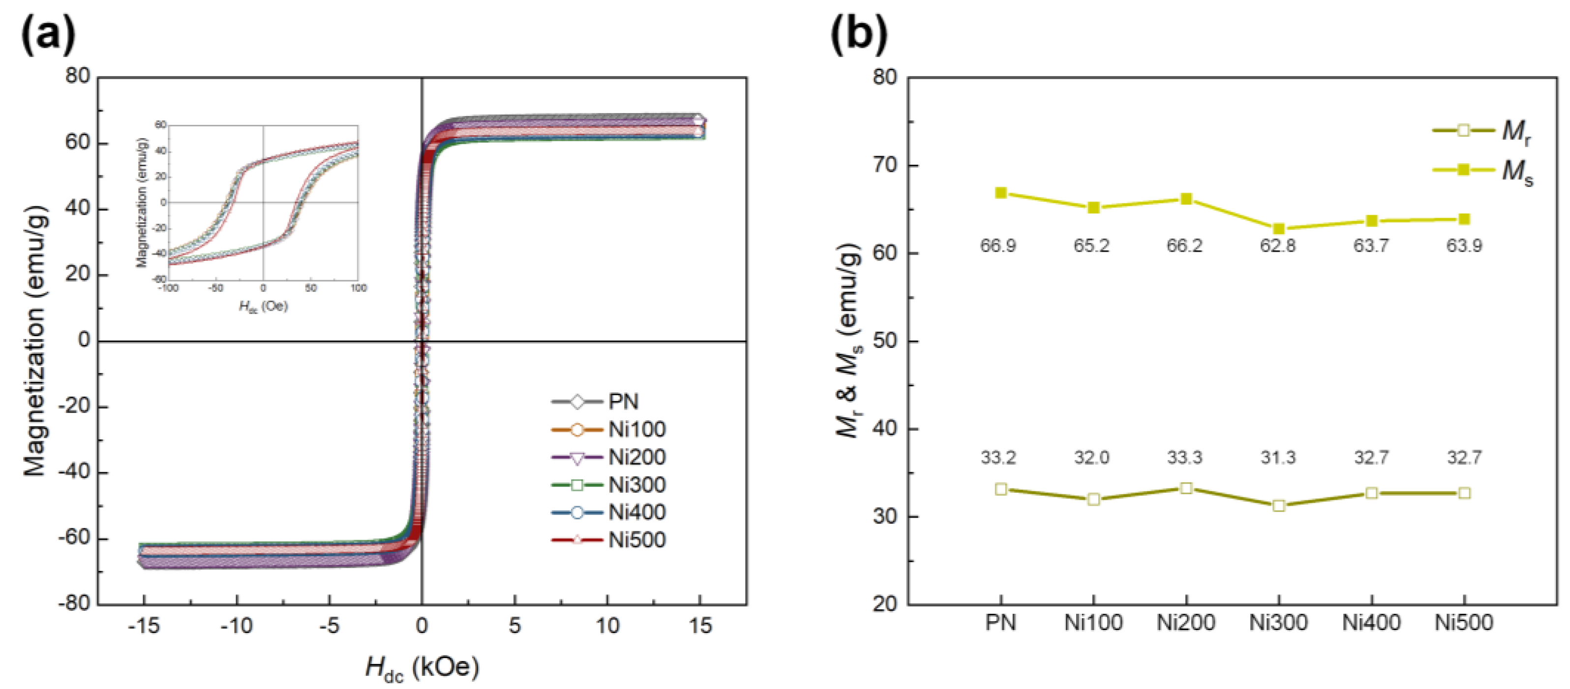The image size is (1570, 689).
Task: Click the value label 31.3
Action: [1278, 458]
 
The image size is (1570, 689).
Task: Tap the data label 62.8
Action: [1278, 246]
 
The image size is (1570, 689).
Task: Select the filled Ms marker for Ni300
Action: [1279, 229]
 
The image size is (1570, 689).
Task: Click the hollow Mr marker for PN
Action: [1001, 489]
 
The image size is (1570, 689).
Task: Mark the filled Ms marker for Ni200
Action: [1186, 199]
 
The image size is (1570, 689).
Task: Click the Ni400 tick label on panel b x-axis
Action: [1371, 623]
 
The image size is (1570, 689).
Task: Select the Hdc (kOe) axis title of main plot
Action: [422, 668]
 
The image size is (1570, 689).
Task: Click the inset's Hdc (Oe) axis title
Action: [263, 307]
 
